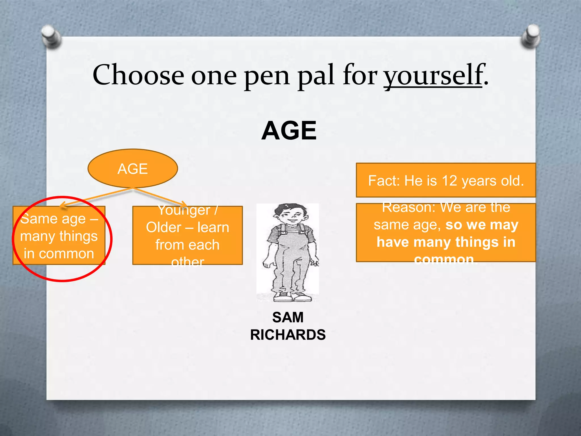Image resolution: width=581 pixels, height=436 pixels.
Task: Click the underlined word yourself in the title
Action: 433,75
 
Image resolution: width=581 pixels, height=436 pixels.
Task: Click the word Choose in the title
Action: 138,75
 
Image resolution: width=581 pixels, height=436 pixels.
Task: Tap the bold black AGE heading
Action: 289,131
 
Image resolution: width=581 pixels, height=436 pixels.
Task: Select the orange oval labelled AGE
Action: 133,169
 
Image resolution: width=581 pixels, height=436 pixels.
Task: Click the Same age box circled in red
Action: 59,236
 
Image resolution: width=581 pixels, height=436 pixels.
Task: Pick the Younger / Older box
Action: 188,236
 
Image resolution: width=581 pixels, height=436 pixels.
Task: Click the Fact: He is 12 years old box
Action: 446,181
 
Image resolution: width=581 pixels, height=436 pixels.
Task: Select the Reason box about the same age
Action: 446,233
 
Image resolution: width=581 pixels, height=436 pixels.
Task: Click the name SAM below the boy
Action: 288,317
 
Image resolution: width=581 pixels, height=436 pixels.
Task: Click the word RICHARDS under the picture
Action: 288,335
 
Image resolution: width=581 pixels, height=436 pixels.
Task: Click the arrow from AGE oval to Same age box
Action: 96,196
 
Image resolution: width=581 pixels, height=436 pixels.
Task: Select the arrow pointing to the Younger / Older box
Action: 160,196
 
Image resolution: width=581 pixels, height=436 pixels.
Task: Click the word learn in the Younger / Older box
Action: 213,228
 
